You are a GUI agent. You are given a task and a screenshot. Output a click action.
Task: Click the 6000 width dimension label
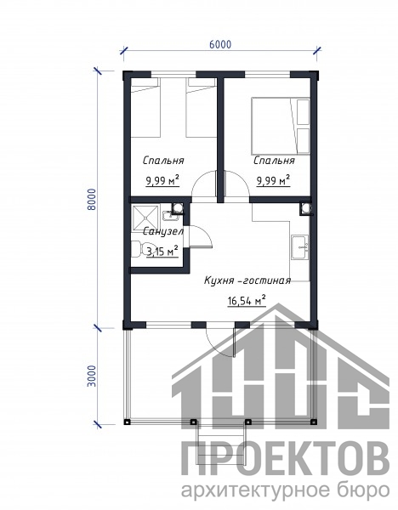[220, 44]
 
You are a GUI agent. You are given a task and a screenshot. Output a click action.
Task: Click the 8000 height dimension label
[92, 199]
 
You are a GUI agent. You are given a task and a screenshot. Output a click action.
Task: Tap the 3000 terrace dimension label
[92, 376]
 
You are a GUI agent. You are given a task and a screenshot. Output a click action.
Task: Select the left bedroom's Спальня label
[163, 161]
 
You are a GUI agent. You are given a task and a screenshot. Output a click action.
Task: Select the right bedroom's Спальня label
[274, 161]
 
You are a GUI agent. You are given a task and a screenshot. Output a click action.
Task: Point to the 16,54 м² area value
[247, 301]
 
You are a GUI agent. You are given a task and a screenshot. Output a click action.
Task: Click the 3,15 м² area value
[162, 251]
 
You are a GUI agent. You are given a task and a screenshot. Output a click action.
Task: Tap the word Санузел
[163, 231]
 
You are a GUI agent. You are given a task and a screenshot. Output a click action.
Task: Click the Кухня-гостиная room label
[247, 280]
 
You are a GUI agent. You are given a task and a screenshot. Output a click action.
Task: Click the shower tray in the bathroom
[145, 218]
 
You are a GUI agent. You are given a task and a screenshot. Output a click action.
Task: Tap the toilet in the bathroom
[143, 249]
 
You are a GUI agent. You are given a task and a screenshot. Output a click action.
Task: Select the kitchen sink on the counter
[299, 247]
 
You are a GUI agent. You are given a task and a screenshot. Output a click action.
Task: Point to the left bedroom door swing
[204, 184]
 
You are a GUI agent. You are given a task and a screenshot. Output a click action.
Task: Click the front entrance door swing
[221, 342]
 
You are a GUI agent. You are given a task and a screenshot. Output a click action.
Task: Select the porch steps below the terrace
[220, 445]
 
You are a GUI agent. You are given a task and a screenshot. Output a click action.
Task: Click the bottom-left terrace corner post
[127, 422]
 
